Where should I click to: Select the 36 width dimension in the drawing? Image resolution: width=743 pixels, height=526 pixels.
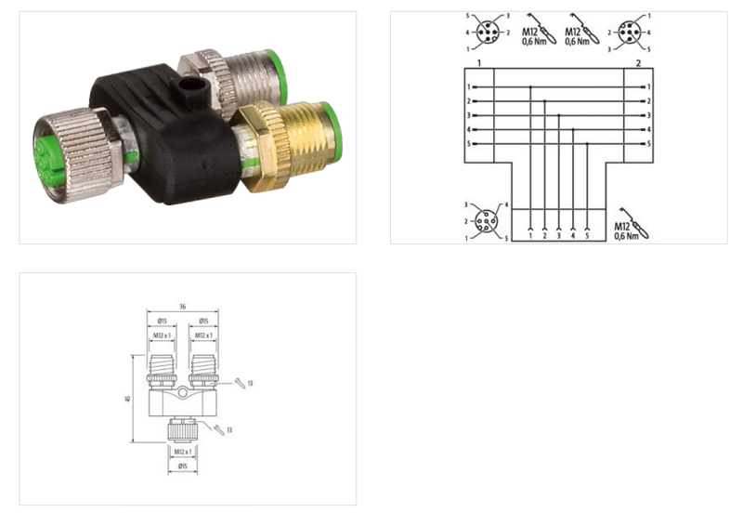point(184,307)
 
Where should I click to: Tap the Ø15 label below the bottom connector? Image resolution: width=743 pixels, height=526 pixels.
point(183,465)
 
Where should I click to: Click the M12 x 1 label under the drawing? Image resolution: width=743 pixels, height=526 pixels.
point(183,452)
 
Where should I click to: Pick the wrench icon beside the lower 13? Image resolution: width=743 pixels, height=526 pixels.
point(220,428)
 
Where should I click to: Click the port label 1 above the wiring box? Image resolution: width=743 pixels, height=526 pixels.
point(477,62)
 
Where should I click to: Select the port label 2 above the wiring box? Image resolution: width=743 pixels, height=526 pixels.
point(639,62)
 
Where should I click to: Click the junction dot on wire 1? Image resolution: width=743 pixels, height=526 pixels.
point(530,87)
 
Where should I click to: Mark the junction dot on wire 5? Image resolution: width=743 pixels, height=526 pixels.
point(587,144)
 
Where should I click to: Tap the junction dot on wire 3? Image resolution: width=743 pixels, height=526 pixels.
point(558,115)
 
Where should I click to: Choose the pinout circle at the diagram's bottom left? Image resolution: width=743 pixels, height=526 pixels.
point(485,221)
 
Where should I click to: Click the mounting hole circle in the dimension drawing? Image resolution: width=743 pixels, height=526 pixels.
point(184,396)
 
